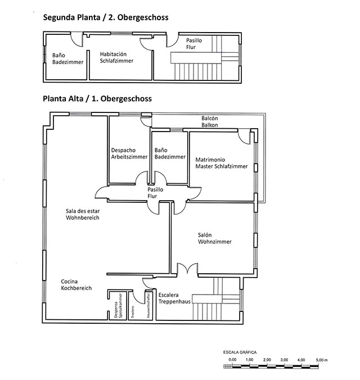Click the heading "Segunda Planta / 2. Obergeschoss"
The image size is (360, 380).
tap(106, 17)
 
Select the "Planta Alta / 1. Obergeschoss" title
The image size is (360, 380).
tap(97, 99)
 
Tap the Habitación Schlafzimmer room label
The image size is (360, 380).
tap(116, 57)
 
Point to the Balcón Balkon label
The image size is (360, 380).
tap(210, 121)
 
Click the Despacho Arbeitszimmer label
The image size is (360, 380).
tap(129, 153)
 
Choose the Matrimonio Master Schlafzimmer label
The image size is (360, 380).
tap(222, 163)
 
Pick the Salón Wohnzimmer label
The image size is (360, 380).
tap(215, 238)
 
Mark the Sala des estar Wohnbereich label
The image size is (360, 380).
tap(83, 214)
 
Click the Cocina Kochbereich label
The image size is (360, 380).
tap(76, 285)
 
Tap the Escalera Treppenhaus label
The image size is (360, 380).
tap(174, 298)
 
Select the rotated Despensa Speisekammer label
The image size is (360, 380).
tap(118, 306)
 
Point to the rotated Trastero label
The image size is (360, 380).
tap(133, 313)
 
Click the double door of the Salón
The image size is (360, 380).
tap(187, 269)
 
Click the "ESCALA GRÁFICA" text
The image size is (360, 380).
tap(240, 352)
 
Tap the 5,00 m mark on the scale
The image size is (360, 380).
tap(322, 360)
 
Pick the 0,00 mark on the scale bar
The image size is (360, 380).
tap(232, 360)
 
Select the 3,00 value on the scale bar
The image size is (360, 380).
tap(284, 360)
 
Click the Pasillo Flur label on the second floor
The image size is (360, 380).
tap(194, 44)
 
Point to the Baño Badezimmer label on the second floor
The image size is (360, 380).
tap(67, 59)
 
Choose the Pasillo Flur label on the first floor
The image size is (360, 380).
tap(155, 193)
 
